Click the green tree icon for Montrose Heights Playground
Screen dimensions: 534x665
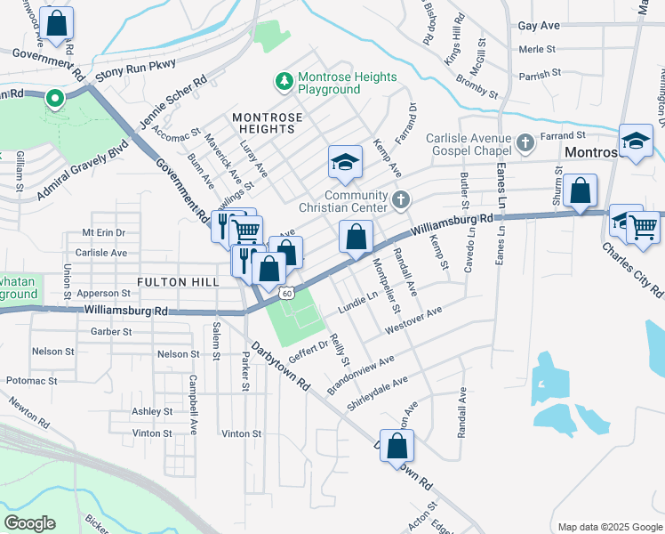point(284,83)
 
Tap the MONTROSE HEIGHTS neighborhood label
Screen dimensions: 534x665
point(262,123)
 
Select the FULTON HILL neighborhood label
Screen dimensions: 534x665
point(178,281)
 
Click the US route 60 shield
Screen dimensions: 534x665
point(284,292)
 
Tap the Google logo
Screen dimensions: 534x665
point(29,522)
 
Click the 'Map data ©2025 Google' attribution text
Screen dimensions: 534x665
point(608,527)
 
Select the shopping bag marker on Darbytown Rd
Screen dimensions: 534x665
point(397,446)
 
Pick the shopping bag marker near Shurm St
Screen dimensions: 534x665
point(580,191)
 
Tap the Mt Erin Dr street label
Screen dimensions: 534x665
point(104,231)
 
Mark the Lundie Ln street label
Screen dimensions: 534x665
point(358,306)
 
